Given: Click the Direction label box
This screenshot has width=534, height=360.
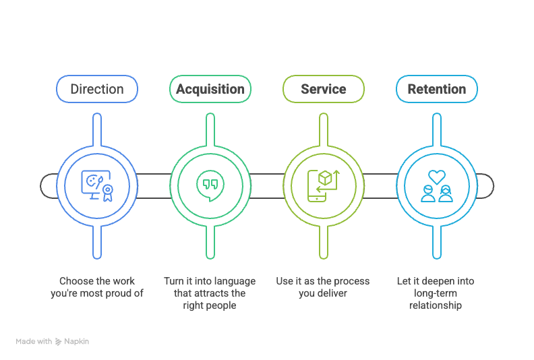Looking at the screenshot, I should pyautogui.click(x=97, y=89).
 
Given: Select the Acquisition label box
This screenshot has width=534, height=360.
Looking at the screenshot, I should pyautogui.click(x=210, y=89).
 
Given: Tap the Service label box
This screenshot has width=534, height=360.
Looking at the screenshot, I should pyautogui.click(x=324, y=89).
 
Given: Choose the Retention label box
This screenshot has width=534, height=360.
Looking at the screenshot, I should pyautogui.click(x=437, y=89).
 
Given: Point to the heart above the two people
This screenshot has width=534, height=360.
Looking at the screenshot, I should pyautogui.click(x=437, y=177).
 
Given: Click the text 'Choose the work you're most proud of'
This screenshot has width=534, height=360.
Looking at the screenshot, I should pyautogui.click(x=97, y=287).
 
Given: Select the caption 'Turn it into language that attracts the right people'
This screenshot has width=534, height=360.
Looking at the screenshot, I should pyautogui.click(x=210, y=293).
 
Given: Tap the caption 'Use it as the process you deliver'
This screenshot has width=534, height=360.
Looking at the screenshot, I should pyautogui.click(x=324, y=287).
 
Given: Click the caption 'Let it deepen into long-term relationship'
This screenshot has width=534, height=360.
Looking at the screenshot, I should pyautogui.click(x=437, y=293).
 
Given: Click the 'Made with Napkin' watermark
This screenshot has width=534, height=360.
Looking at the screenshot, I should pyautogui.click(x=53, y=342).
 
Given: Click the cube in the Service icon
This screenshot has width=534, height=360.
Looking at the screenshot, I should pyautogui.click(x=325, y=178).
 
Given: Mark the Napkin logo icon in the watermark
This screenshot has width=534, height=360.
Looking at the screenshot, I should pyautogui.click(x=59, y=342).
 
